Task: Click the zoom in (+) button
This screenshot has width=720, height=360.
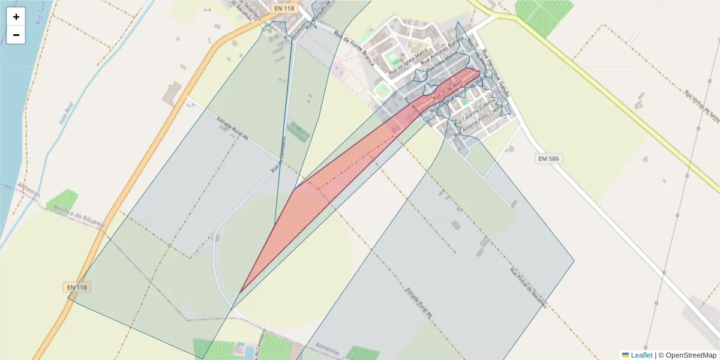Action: (x=16, y=17)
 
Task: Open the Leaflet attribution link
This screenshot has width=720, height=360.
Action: (x=641, y=355)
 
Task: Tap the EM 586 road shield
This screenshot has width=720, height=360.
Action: (x=549, y=158)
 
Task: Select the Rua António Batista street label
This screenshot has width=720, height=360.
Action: (x=443, y=50)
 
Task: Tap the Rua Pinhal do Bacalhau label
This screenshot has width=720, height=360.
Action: (x=528, y=287)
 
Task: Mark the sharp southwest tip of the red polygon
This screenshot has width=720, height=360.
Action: (x=241, y=292)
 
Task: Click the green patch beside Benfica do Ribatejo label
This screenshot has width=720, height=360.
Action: (x=62, y=201)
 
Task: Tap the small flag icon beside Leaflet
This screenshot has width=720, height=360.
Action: (x=626, y=355)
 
